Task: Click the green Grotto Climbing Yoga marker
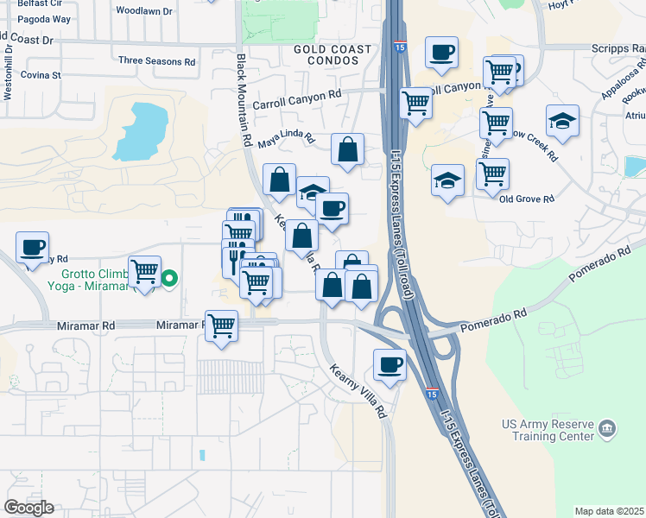click(170, 278)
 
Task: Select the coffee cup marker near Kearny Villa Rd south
click(389, 364)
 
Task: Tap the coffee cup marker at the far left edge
click(32, 247)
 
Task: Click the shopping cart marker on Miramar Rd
click(222, 325)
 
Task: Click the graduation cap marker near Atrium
click(562, 120)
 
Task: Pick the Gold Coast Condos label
click(332, 55)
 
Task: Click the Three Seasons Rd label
click(157, 61)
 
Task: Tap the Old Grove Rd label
click(526, 199)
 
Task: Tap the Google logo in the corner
click(29, 507)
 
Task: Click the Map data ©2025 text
click(609, 511)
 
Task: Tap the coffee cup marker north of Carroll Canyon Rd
click(441, 53)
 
